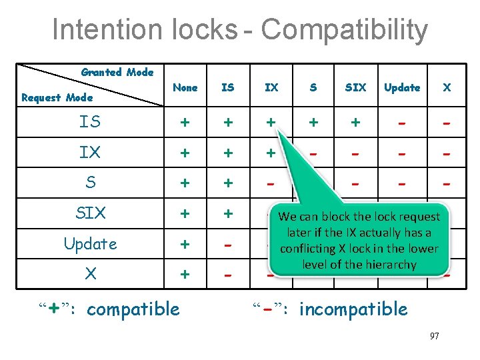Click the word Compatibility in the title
344,31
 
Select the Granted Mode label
117,72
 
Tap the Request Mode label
57,97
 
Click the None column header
185,87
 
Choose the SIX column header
355,87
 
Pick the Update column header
402,87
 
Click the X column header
447,87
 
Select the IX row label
90,152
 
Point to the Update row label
90,244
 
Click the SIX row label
90,213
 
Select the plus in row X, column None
185,274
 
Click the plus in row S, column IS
228,183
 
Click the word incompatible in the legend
353,309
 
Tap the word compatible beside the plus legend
133,309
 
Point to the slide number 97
434,336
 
